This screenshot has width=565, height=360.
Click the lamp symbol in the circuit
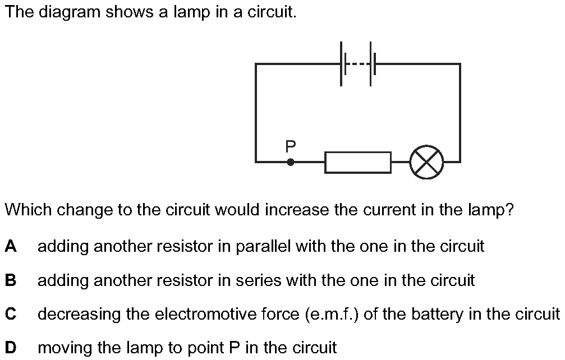[x=426, y=162]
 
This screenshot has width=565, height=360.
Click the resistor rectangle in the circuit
[x=358, y=162]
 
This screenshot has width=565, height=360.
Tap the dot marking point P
[x=290, y=162]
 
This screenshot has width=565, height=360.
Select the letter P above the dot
[x=290, y=147]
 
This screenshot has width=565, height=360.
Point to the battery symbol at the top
[x=356, y=64]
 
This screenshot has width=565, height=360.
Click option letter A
[x=10, y=246]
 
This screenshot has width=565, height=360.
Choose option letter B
[x=10, y=280]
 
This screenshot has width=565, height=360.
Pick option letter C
[x=10, y=314]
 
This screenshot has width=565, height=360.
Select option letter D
[x=10, y=348]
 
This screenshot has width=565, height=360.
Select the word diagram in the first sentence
[x=65, y=12]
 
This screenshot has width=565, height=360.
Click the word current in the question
[x=390, y=211]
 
